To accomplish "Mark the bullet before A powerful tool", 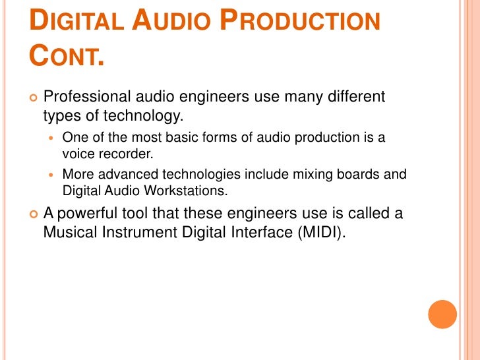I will click(x=34, y=215).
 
